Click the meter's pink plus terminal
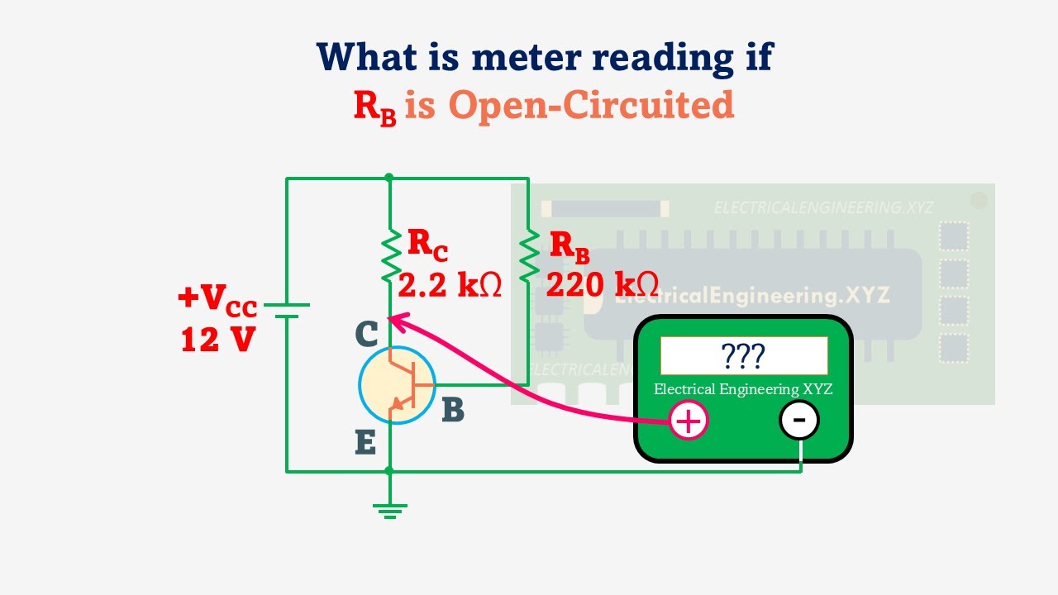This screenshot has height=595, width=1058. coord(689,421)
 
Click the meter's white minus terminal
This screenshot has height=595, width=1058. coord(798,420)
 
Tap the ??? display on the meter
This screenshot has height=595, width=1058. coord(743,355)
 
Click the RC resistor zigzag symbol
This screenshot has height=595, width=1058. coord(389,257)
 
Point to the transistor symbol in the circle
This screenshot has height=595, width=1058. coord(398,385)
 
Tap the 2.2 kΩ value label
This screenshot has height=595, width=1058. coord(450,286)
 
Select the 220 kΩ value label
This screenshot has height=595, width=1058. coord(602,286)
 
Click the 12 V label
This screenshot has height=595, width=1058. coord(217,339)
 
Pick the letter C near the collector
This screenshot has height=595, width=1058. coord(366,334)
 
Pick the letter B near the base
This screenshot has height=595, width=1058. coord(453,410)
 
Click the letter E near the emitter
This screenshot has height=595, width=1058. coord(365,444)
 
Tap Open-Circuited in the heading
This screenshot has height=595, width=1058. coord(591,106)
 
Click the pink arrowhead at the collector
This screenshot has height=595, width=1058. coord(393,317)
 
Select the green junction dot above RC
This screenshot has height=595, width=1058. coord(389,178)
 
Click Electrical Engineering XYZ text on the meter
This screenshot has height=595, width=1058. coord(743,389)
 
